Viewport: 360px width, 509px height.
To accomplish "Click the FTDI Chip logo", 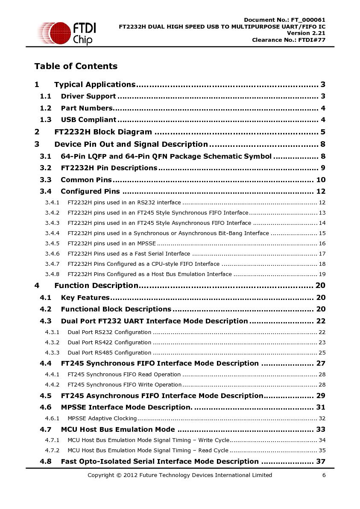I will (66, 33).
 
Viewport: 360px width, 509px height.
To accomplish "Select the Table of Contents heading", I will (76, 66).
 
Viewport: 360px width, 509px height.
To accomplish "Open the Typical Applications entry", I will (95, 84).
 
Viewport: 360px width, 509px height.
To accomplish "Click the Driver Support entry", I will (88, 96).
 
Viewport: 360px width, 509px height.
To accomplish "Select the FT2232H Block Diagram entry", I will (103, 132).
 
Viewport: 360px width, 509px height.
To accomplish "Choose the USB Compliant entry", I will (88, 120).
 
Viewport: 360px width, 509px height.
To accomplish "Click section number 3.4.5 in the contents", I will (52, 244).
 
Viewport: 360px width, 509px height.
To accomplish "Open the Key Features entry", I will (85, 297).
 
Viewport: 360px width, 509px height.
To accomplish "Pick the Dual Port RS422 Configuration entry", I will (109, 343).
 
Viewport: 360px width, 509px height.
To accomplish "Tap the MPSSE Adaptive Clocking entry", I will (102, 419).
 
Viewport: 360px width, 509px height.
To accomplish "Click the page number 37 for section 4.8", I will (321, 462).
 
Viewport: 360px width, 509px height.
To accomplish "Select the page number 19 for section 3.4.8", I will (322, 274).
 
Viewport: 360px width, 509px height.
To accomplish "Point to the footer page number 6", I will (324, 475).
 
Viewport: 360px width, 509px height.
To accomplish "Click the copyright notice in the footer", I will (180, 475).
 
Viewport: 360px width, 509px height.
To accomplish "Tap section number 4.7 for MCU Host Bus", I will (46, 430).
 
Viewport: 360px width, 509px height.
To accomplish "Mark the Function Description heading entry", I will (96, 285).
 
